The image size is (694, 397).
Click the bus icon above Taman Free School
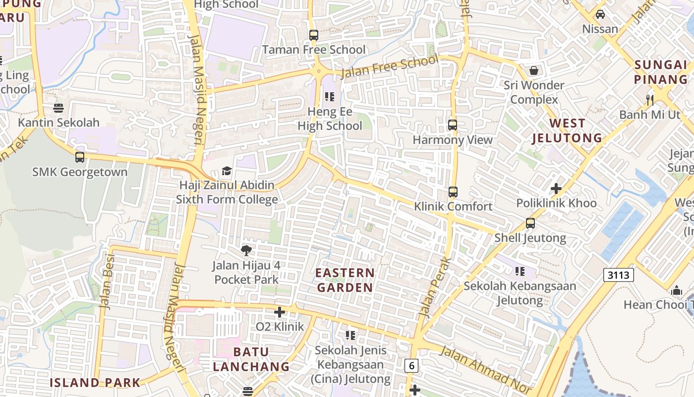pos(313,35)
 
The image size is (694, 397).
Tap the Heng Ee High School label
pos(330,119)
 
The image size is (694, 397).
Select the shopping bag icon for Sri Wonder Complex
pos(534,70)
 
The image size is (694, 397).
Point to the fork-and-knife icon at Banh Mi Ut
pos(650,100)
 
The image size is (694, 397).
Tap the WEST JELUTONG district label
pos(567,131)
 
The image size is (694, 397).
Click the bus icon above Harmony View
pos(453,125)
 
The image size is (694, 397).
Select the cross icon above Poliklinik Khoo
pos(556,189)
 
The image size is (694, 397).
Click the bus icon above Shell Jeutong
pos(530,223)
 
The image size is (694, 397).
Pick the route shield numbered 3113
pos(619,275)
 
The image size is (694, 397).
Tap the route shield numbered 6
pos(411,366)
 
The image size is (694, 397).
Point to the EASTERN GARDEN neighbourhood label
pos(345,280)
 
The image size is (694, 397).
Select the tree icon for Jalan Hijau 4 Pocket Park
pos(246,250)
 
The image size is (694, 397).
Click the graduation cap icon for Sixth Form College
pos(227,171)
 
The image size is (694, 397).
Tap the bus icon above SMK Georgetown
pos(80,157)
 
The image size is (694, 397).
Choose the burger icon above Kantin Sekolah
pos(58,108)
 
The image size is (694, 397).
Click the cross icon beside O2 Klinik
pos(280,312)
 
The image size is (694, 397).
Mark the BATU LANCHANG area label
pos(251,359)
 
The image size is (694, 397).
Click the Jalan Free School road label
pos(390,67)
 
